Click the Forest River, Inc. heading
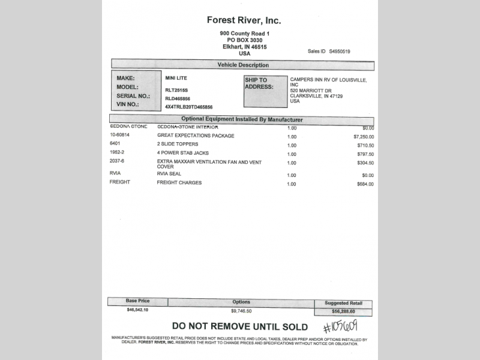[244, 20]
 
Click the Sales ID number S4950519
[339, 52]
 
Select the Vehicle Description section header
[243, 65]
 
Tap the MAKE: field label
[125, 79]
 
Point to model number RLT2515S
[176, 89]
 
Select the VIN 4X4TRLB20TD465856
[188, 107]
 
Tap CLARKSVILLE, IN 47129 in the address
[316, 95]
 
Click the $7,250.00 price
[363, 136]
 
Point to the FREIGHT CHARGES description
[179, 182]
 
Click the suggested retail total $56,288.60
[343, 312]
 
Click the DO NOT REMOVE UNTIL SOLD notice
[240, 327]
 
